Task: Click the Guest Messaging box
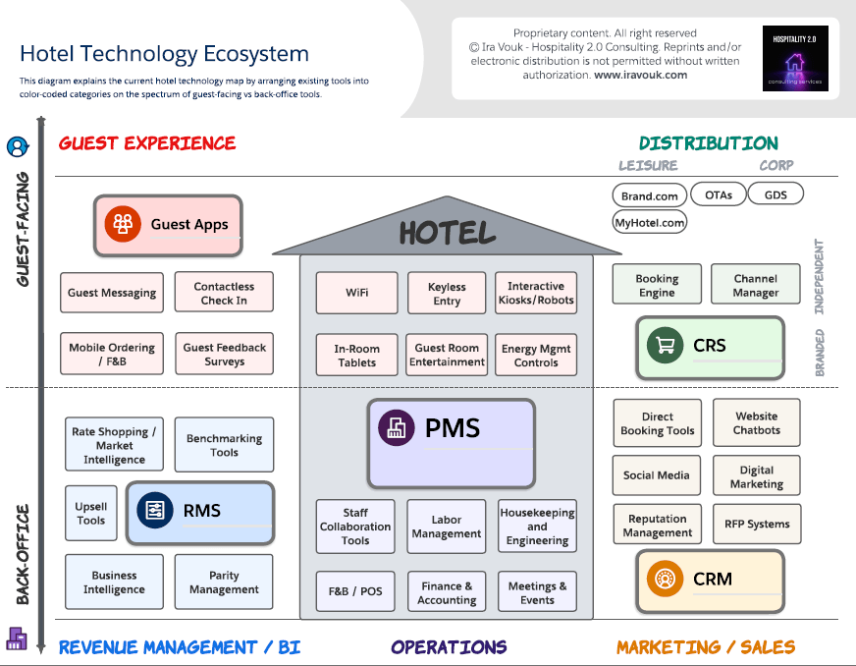112,293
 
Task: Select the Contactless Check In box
224,293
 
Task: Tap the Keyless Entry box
447,294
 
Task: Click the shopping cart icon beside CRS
666,345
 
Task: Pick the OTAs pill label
719,194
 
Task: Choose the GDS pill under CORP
776,194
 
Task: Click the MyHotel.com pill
649,223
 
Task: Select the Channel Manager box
755,285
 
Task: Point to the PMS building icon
398,428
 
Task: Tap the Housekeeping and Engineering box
537,527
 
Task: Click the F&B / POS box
355,591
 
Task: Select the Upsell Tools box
91,514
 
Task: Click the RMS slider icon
155,510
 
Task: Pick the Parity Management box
224,583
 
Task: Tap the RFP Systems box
757,525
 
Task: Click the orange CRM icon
666,579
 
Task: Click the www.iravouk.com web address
640,75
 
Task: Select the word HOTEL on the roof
447,233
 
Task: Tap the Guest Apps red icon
123,224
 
